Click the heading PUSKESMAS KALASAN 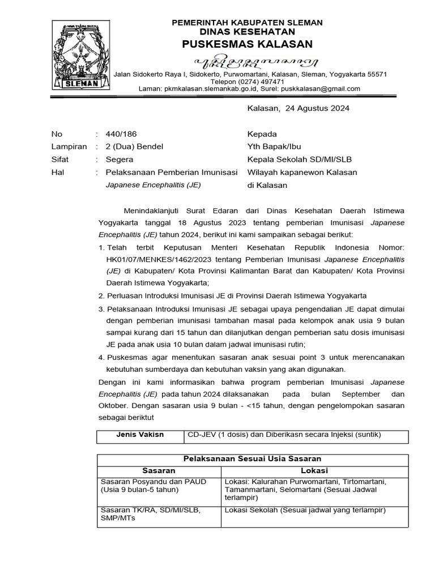click(x=247, y=44)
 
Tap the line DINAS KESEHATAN click(x=247, y=32)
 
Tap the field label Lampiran click(x=69, y=147)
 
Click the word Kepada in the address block click(x=262, y=134)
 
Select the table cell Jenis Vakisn click(x=140, y=435)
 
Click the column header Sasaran click(x=159, y=470)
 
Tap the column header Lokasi click(x=314, y=470)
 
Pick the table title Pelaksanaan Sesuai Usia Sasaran click(x=253, y=458)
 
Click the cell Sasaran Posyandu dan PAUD click(x=153, y=481)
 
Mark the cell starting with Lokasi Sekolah click(x=305, y=510)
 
